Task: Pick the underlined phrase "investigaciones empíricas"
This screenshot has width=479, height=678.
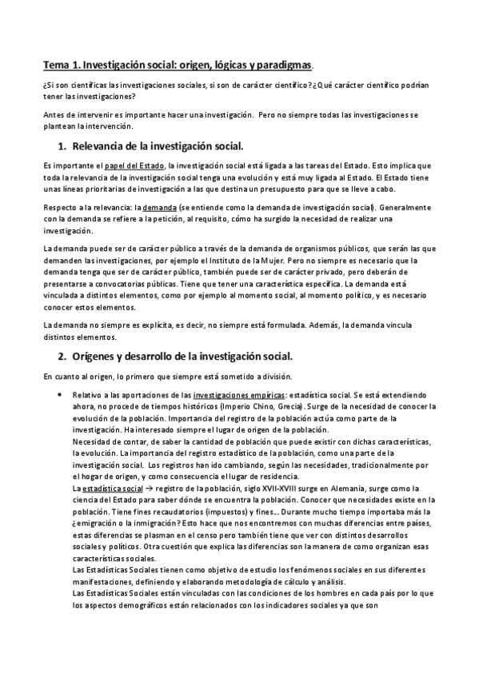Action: coord(239,396)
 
